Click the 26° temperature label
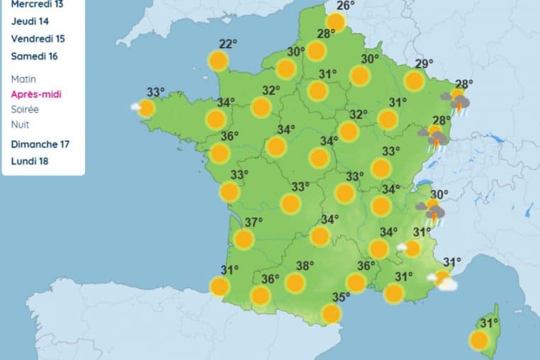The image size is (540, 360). pos(346,6)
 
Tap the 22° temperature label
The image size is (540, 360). pos(227,44)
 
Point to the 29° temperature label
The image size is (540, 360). pos(424,64)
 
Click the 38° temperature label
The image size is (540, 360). pos(305,266)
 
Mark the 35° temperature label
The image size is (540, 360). pos(342,297)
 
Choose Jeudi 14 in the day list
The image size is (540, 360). pos(30,21)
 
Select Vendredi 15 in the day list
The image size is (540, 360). pos(38,38)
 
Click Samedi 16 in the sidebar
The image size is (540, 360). pos(35,55)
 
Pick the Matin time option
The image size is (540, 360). pos(23,79)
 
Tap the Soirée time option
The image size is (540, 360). pos(25,109)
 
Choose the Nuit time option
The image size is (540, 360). pos(20,125)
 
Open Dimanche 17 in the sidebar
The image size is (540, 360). pos(40,144)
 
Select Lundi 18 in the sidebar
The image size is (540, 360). pos(30,160)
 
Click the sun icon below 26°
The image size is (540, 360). pos(335,23)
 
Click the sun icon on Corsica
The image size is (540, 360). pos(479,340)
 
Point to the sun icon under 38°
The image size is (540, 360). pos(295,283)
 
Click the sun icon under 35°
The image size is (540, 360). pos(331,313)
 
